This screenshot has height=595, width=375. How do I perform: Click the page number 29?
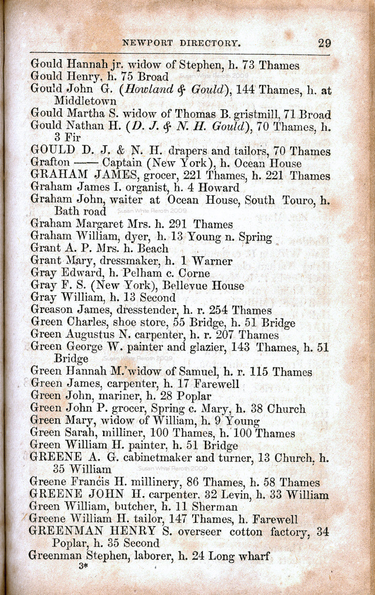pos(324,43)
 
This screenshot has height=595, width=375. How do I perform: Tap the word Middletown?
pos(86,101)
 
